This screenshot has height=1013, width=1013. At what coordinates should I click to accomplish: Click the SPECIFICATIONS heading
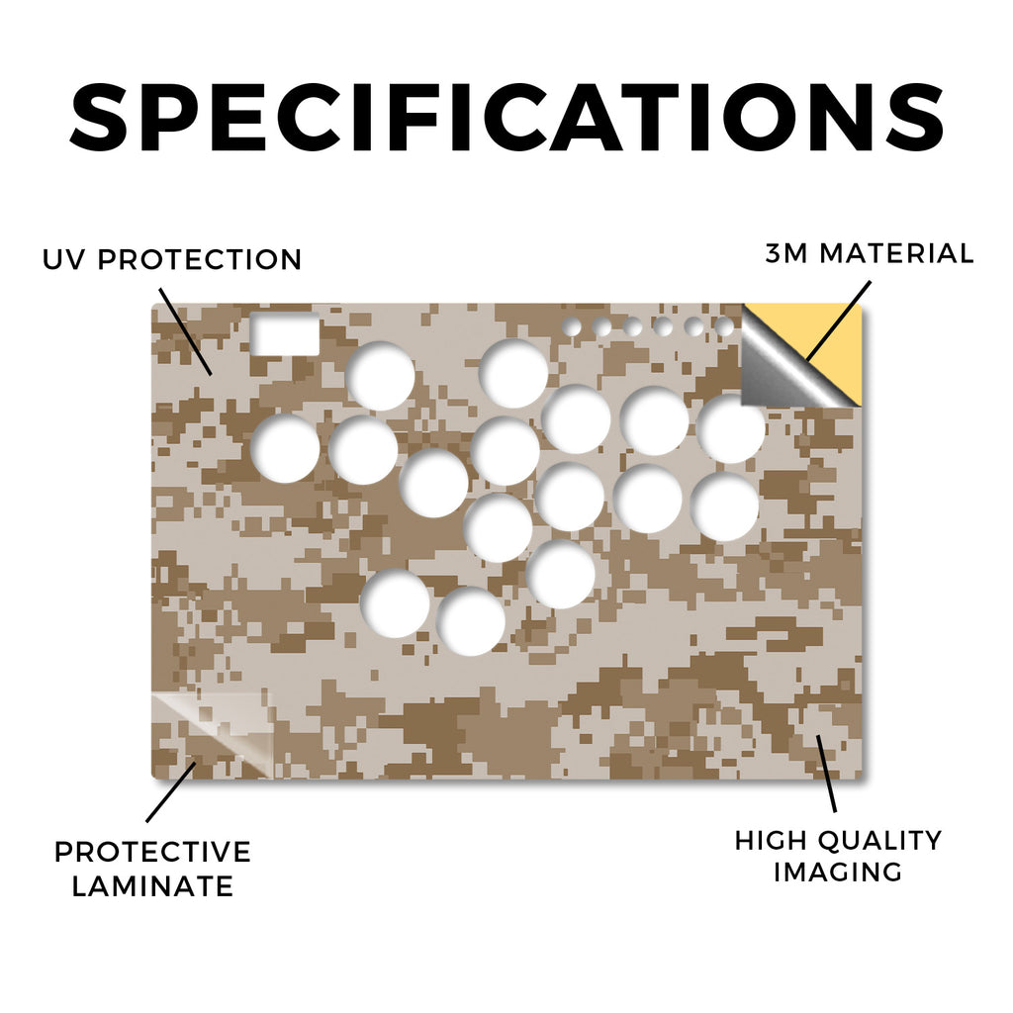tap(506, 117)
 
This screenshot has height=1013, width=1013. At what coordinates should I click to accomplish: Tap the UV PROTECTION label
tap(172, 260)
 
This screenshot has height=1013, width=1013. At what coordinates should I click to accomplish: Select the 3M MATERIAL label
tap(870, 253)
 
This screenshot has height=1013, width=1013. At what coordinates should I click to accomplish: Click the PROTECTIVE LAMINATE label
tap(152, 869)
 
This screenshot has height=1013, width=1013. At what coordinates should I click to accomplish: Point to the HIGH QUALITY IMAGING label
tap(838, 857)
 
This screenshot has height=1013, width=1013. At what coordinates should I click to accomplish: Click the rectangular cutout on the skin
tap(285, 333)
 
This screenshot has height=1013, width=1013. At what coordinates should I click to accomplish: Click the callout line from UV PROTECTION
tap(185, 331)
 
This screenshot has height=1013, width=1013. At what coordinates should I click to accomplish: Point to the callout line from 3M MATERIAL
tap(839, 321)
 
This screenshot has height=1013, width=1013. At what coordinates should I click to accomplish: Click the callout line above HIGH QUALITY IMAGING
tap(826, 774)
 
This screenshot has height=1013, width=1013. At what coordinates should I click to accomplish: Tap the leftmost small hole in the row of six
tap(572, 326)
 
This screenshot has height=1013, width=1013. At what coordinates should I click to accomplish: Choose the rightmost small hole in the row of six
tap(724, 326)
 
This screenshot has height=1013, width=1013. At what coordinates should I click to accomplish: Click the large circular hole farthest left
tap(285, 448)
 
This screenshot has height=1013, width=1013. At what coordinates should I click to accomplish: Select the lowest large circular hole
tap(471, 621)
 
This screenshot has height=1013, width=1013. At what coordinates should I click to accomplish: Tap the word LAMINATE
tap(152, 885)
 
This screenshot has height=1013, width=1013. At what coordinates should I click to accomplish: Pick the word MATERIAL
tap(896, 253)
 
